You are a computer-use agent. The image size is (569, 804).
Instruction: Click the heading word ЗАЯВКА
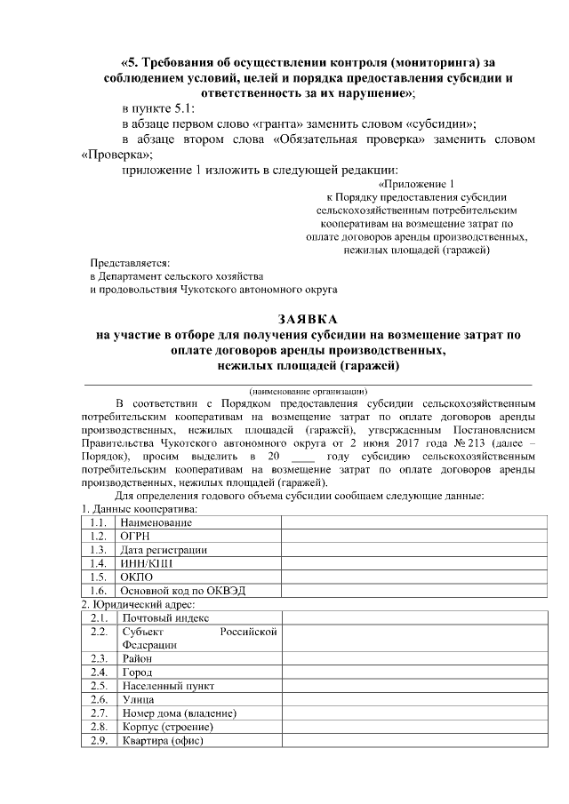click(x=308, y=319)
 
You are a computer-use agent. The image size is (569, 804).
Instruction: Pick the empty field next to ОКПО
click(x=409, y=577)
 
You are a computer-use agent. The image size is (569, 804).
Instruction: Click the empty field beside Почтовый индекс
click(x=409, y=617)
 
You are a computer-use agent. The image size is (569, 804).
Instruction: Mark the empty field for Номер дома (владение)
click(x=409, y=713)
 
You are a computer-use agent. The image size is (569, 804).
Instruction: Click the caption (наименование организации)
click(x=308, y=390)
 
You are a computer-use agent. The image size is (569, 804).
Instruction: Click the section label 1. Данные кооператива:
click(x=139, y=509)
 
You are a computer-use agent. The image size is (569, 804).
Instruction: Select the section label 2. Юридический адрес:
click(x=133, y=604)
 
